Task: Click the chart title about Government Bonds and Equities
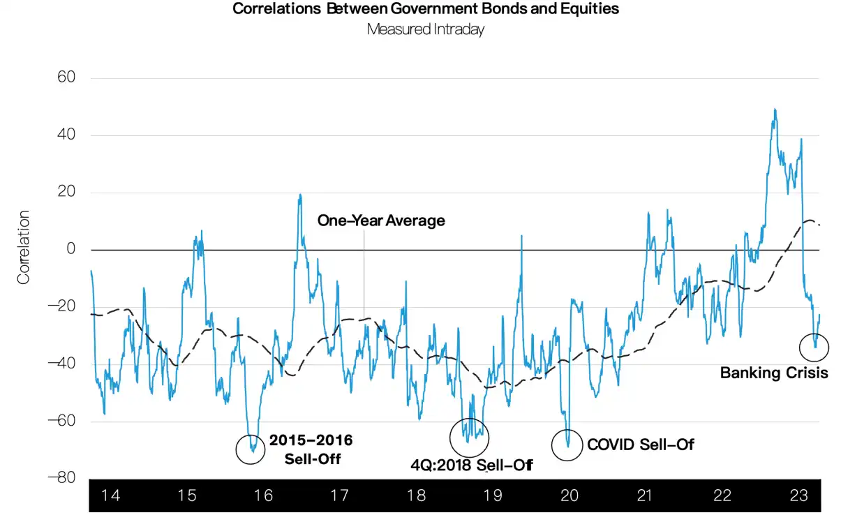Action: tap(425, 9)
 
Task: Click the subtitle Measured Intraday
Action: tap(425, 30)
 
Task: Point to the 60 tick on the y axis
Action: tap(66, 78)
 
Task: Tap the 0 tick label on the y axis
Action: tap(71, 250)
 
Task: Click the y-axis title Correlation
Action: tap(24, 248)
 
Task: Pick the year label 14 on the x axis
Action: tap(110, 496)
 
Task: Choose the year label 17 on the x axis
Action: tap(339, 496)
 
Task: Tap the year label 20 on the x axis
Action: tap(569, 496)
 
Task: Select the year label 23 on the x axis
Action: tap(798, 496)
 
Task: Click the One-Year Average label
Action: tap(381, 221)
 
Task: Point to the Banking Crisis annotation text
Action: tap(774, 373)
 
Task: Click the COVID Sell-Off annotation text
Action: tap(641, 444)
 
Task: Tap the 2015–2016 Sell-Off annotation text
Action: tap(311, 449)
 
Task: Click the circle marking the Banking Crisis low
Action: tap(814, 345)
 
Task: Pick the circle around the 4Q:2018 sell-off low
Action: tap(470, 438)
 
